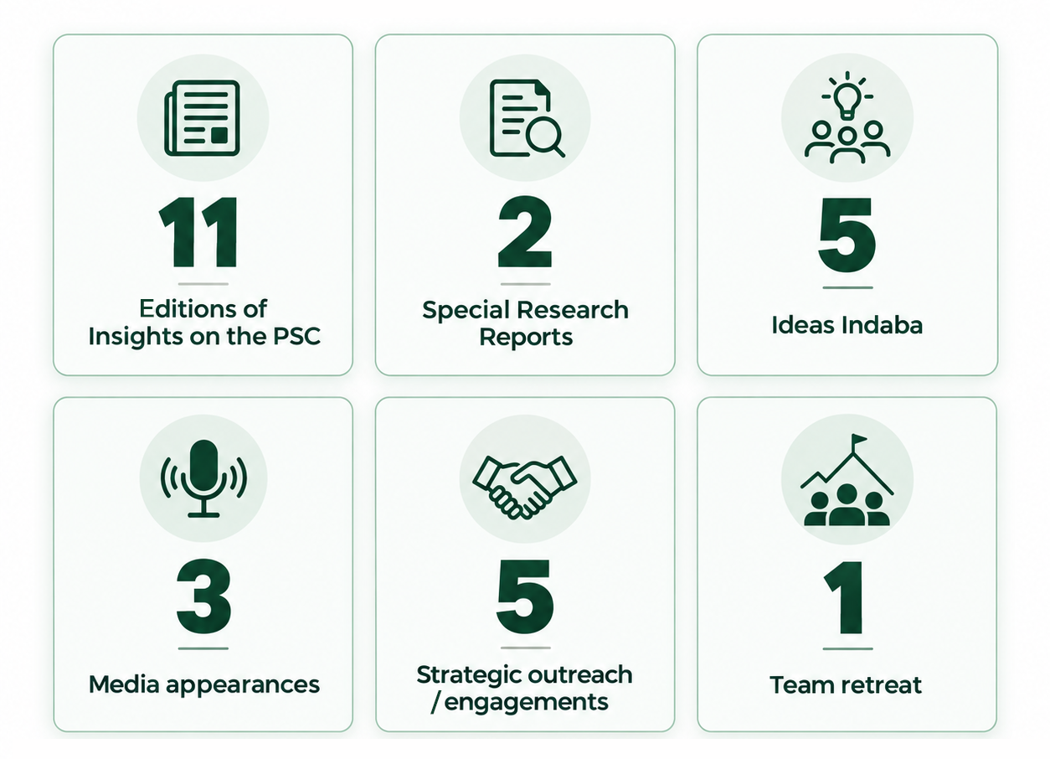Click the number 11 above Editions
coord(198,232)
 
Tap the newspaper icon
coord(202,118)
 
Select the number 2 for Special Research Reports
coord(525,232)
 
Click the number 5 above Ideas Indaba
coord(847,235)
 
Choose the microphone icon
coord(203,478)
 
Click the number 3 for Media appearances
coord(203,596)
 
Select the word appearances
coord(243,685)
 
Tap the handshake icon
coord(524,487)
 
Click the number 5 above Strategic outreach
coord(525,596)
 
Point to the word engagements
coord(526,703)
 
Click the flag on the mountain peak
coord(859,439)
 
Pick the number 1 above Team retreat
coord(844,597)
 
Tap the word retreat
coord(881,685)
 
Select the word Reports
coord(526,338)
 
